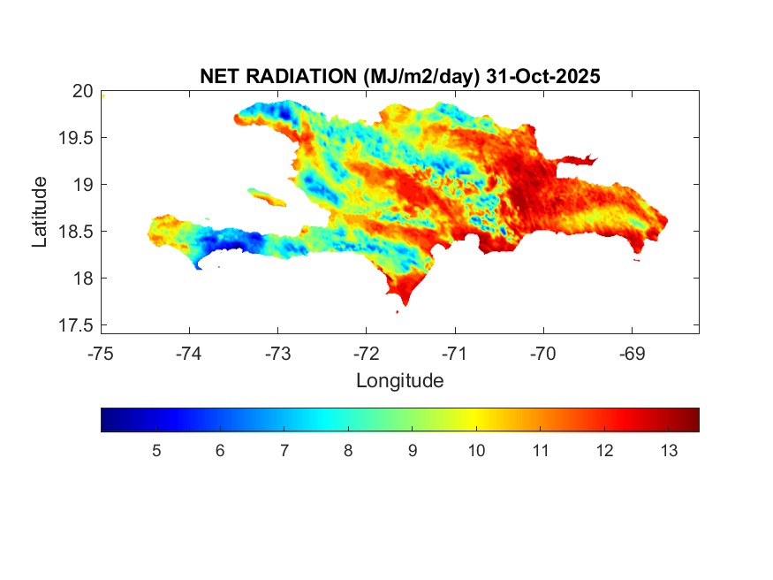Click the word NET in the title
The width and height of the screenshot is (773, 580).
(219, 77)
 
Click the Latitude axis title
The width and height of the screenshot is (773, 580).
(41, 211)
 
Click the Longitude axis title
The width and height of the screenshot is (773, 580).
(399, 381)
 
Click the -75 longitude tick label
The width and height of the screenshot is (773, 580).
(101, 354)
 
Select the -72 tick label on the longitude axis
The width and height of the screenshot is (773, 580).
(366, 354)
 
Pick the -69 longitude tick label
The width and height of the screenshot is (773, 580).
(632, 354)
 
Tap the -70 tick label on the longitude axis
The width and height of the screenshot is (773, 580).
(543, 354)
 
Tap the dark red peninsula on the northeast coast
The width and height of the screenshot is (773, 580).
(579, 160)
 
